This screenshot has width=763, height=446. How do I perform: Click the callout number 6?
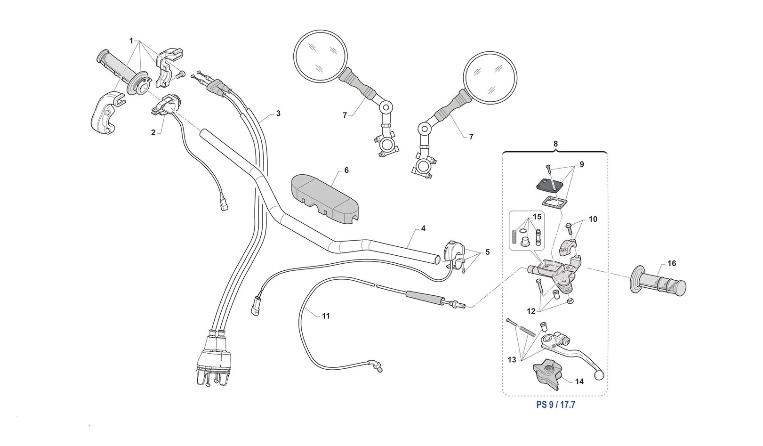(346, 170)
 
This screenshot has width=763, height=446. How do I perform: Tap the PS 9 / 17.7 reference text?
(555, 405)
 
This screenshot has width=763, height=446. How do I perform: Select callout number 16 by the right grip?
(672, 263)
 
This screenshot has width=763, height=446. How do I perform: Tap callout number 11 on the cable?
(326, 316)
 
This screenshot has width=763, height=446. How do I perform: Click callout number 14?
(579, 381)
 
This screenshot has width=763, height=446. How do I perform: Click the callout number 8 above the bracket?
(555, 144)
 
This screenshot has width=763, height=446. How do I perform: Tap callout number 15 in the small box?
(537, 217)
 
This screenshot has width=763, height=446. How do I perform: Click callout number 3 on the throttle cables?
(278, 114)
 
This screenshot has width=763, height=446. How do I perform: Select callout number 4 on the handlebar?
(423, 228)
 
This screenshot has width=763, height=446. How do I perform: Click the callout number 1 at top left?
(131, 41)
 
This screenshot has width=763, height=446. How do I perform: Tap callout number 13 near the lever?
(512, 360)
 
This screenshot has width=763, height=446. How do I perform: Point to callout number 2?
(153, 132)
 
